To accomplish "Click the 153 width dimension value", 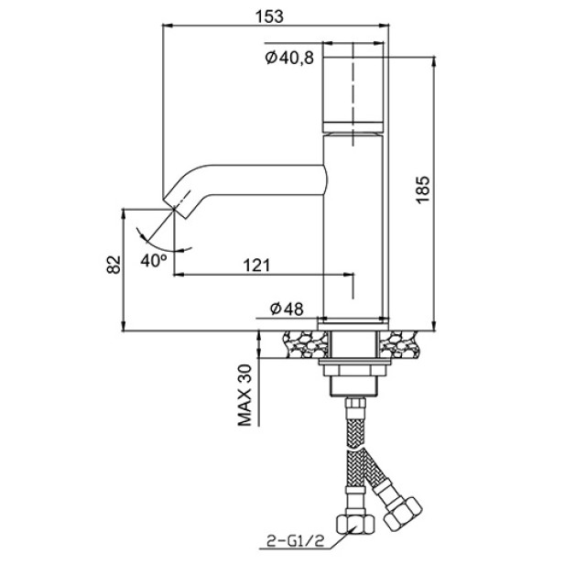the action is point(269,16).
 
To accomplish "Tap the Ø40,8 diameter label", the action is point(289,58).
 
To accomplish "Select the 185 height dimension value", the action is point(423,190).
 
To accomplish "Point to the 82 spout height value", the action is point(114,265).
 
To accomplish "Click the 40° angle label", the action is point(154,260).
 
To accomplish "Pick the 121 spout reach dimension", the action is point(256,266).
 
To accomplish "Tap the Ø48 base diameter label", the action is point(287,309).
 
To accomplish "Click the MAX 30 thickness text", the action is point(245,396).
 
